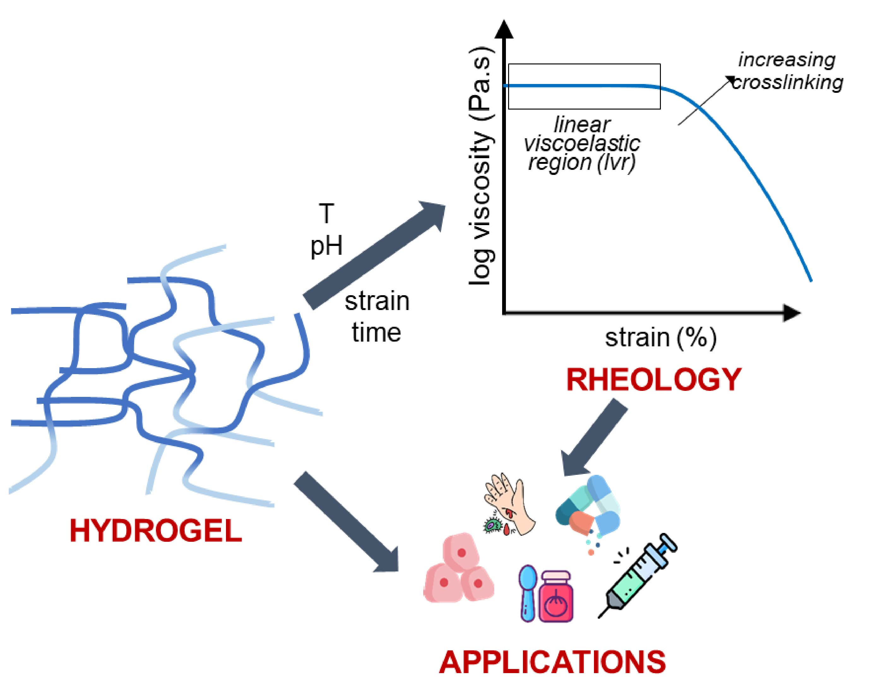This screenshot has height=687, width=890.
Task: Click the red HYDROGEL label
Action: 156,531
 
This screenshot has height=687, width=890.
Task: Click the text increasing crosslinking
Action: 787,71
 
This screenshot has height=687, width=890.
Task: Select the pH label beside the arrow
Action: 326,246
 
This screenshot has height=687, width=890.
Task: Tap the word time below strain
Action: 377,333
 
